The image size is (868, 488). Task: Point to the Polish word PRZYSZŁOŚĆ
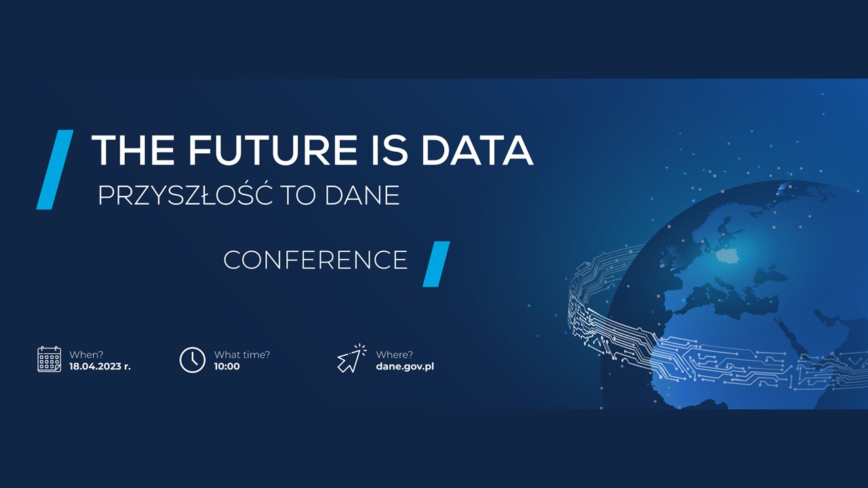185,195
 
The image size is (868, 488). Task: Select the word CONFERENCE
315,260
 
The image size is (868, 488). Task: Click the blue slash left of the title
55,169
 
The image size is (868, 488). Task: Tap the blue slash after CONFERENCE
436,264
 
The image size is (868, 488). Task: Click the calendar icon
50,359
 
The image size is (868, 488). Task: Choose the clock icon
192,359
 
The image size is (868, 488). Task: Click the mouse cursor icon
351,359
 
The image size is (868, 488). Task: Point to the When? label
86,354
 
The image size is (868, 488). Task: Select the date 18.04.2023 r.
100,367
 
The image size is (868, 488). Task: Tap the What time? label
242,354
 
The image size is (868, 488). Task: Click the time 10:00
227,367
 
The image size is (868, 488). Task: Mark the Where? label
394,354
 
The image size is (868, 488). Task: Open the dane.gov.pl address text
405,367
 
